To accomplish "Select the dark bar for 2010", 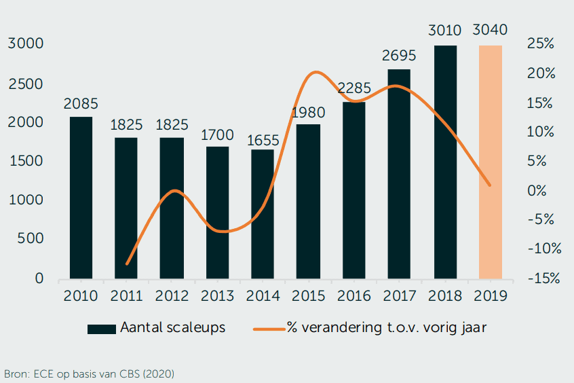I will coord(81,198).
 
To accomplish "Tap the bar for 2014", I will coord(263,214).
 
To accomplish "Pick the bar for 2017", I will coord(399,174).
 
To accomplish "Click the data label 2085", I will coord(81,105).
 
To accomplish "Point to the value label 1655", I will coord(263,140).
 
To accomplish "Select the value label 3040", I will coord(491,30).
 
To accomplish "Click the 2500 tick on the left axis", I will coord(26,84).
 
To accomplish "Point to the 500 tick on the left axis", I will coord(31,238).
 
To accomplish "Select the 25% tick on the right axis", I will coord(541,44).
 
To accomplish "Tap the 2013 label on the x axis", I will coord(217,297).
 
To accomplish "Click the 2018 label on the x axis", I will coord(444,297).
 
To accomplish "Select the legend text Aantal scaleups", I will coord(172,327).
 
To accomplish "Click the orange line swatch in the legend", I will coord(268,329).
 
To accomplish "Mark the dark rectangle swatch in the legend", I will coord(101,329).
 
